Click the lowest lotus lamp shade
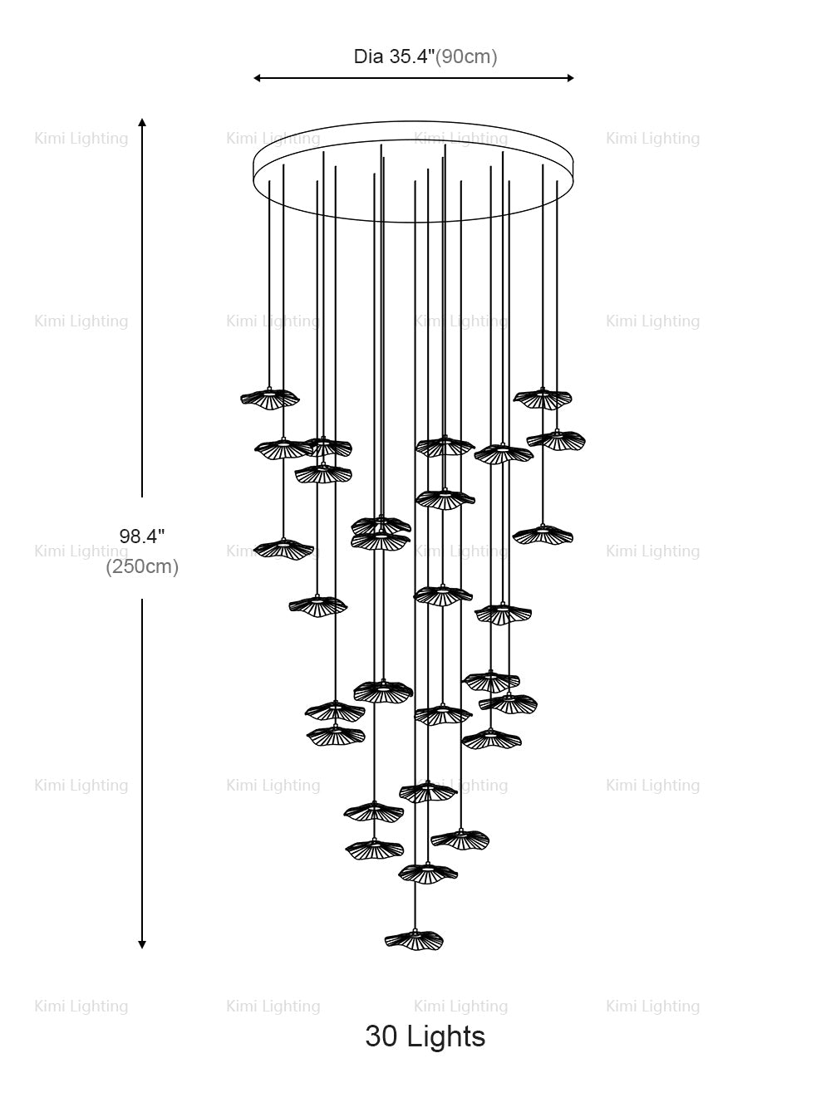pos(414,939)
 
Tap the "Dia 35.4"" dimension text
pos(395,56)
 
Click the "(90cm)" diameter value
pos(467,56)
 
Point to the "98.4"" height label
pos(142,536)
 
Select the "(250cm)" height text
pos(142,567)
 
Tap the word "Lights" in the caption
pos(450,1036)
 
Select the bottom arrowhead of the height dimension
pos(142,943)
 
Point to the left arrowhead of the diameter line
pos(258,78)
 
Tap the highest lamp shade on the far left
pos(269,398)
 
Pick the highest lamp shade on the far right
pos(543,399)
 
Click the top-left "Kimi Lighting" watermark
pos(81,139)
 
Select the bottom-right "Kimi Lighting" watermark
pos(652,1007)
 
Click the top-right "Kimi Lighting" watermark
pos(652,139)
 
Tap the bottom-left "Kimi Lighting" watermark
pos(81,1007)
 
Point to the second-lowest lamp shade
pos(428,873)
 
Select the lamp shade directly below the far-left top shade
pos(283,448)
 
